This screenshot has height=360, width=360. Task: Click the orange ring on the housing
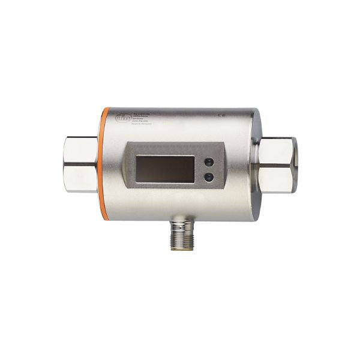[x=105, y=162]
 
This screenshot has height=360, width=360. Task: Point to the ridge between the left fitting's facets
[x=79, y=165]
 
